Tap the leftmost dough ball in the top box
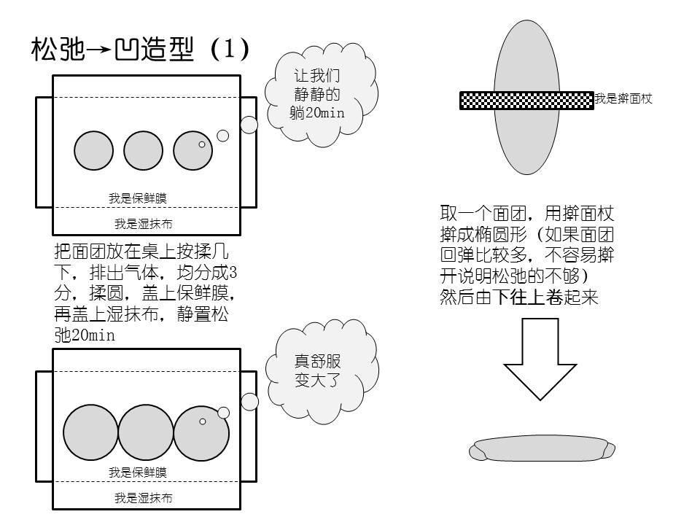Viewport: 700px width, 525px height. [94, 151]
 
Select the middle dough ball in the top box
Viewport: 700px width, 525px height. [143, 151]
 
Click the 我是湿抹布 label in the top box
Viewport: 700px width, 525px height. [143, 224]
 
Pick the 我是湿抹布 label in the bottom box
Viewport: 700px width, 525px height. [143, 499]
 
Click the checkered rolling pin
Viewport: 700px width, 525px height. [526, 101]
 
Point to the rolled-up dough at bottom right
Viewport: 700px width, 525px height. [542, 449]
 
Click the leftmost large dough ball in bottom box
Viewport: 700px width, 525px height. [90, 432]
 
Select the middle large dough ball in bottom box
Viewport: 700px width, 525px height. [146, 432]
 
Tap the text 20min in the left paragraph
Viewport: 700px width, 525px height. [95, 336]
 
